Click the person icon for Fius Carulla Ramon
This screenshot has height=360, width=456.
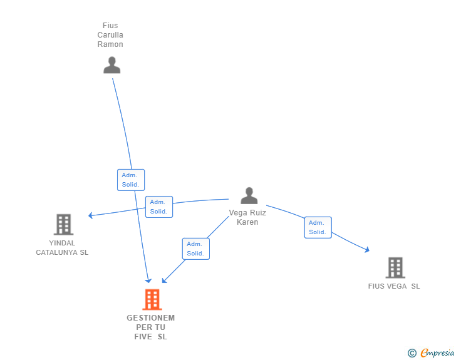click(111, 65)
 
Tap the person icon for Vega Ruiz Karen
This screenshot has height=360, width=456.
click(249, 196)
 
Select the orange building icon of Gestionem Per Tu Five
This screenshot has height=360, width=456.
click(152, 300)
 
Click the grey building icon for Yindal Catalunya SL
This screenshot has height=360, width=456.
click(63, 224)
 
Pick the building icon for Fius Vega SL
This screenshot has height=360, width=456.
click(395, 267)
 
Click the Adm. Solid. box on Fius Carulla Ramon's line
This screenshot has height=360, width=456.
click(131, 180)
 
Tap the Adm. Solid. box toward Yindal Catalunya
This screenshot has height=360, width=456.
click(158, 207)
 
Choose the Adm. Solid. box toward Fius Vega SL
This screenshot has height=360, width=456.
click(318, 227)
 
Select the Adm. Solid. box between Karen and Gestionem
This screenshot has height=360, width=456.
click(195, 249)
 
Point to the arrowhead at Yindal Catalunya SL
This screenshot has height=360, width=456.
click(91, 215)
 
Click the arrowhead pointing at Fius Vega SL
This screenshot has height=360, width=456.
click(366, 250)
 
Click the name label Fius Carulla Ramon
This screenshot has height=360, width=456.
click(110, 35)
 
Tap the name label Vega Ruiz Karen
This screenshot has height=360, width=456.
click(247, 217)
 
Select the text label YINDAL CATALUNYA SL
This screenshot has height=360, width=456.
click(62, 248)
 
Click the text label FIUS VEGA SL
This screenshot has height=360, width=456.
click(394, 286)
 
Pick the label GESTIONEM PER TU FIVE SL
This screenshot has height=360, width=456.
click(151, 327)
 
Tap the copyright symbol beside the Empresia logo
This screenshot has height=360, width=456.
click(412, 354)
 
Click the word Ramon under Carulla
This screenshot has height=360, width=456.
click(110, 44)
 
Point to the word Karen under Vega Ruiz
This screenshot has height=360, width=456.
click(247, 222)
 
